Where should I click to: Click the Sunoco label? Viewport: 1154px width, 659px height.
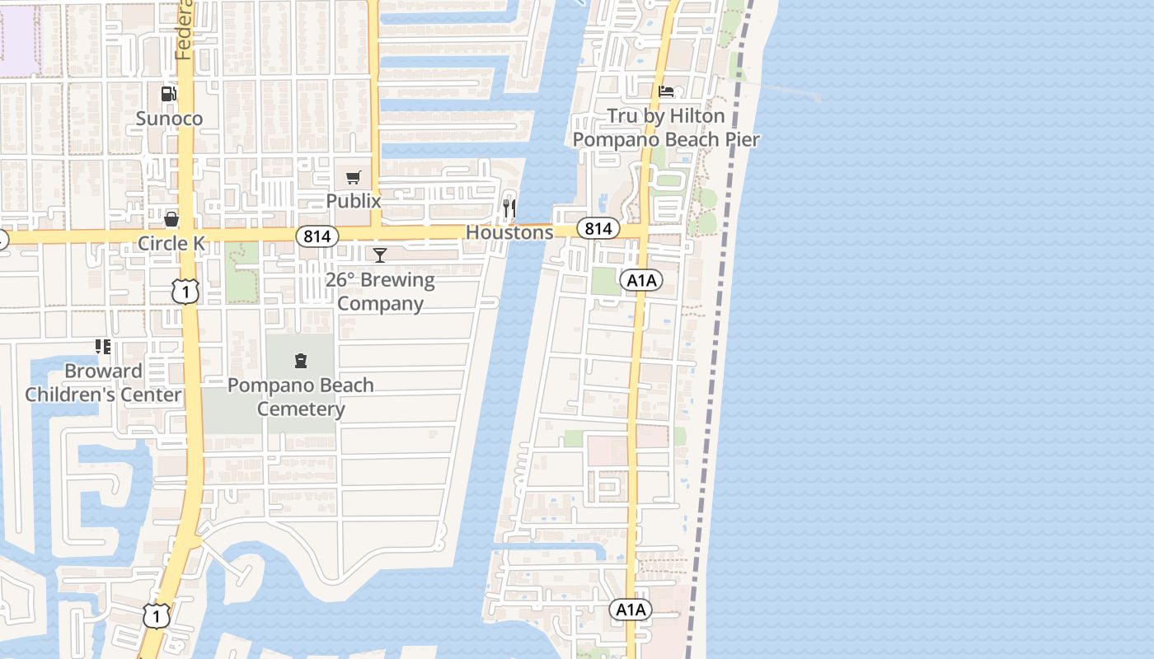pos(169,119)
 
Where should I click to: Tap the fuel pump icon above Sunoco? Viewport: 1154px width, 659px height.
pos(168,94)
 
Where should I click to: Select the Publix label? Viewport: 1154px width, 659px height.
pos(354,201)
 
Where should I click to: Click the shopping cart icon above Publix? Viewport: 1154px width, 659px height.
pos(354,177)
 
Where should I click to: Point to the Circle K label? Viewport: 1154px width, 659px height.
pos(171,244)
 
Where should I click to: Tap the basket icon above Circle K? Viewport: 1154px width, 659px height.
pos(171,219)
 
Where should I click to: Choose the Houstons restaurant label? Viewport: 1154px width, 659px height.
pos(509,233)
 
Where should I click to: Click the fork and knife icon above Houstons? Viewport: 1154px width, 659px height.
pos(509,208)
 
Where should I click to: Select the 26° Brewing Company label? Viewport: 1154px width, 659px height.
pos(380,292)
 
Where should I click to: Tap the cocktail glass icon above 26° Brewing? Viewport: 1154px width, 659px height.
pos(380,255)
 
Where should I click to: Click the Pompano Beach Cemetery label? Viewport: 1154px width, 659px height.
pos(301,397)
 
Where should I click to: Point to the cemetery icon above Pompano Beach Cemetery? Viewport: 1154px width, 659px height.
pos(301,360)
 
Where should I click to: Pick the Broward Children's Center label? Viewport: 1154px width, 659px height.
pos(103,383)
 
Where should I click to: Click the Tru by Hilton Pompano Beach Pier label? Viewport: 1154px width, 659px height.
pos(666,128)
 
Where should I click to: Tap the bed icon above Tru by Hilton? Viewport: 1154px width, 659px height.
pos(666,91)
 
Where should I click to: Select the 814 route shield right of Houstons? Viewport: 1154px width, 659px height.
pos(598,228)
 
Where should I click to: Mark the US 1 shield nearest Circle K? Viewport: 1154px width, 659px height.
pos(186,291)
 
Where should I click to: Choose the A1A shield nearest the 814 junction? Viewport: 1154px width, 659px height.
pos(641,280)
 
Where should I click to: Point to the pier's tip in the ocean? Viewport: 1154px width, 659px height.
pos(818,99)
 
